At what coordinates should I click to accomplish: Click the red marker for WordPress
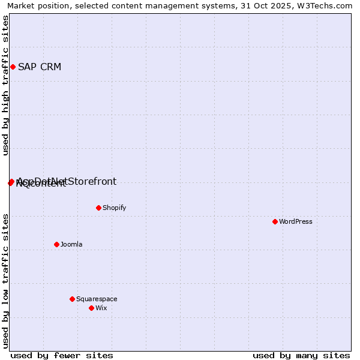pyautogui.click(x=275, y=221)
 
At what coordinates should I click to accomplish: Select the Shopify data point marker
pyautogui.click(x=98, y=208)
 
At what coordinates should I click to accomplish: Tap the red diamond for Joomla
pyautogui.click(x=56, y=244)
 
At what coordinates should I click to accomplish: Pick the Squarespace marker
pyautogui.click(x=72, y=299)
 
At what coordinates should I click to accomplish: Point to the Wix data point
pyautogui.click(x=91, y=308)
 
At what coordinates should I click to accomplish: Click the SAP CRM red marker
pyautogui.click(x=13, y=67)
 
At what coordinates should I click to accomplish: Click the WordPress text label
pyautogui.click(x=296, y=221)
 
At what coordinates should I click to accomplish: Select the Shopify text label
pyautogui.click(x=114, y=208)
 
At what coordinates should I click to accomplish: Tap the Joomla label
pyautogui.click(x=71, y=244)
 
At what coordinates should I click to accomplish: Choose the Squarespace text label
pyautogui.click(x=97, y=299)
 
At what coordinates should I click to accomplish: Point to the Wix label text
pyautogui.click(x=101, y=308)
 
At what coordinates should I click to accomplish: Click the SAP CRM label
pyautogui.click(x=40, y=67)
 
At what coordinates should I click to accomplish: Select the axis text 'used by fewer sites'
pyautogui.click(x=62, y=355)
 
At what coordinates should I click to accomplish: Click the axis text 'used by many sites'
pyautogui.click(x=301, y=355)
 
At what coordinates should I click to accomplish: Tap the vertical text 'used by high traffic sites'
pyautogui.click(x=5, y=85)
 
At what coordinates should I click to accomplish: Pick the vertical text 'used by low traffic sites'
pyautogui.click(x=5, y=280)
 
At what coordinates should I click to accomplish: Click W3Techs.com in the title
pyautogui.click(x=329, y=5)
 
